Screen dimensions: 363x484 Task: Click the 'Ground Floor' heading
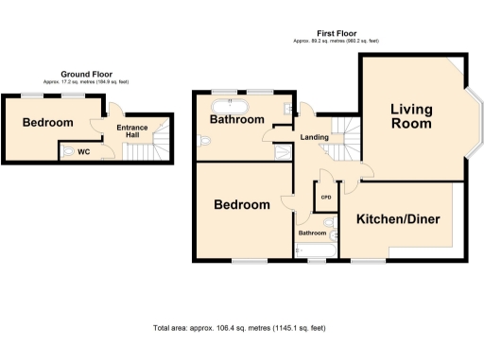point(87,73)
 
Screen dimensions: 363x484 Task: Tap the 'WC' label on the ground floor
point(83,150)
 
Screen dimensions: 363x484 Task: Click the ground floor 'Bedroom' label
point(47,123)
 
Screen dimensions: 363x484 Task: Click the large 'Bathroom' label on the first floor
point(236,120)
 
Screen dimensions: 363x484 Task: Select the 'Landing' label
point(314,138)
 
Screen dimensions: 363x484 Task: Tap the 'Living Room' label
point(411,115)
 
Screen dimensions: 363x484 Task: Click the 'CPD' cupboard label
point(326,199)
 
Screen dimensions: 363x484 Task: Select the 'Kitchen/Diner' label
point(397,219)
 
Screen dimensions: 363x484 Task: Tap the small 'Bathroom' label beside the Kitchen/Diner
point(312,233)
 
